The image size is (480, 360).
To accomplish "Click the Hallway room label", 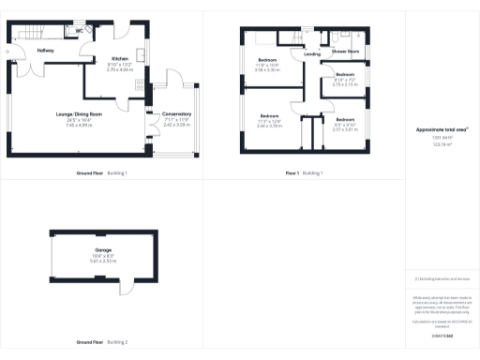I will [x=46, y=50].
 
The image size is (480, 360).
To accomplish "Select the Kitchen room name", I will [x=119, y=57].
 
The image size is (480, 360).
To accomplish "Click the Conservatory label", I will [x=176, y=113].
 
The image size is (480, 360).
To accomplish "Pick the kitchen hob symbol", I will [x=142, y=86].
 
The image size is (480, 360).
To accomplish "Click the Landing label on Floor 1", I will [x=312, y=54].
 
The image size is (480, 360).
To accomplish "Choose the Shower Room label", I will [x=346, y=51].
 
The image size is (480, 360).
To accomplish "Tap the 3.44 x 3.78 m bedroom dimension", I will [x=269, y=125].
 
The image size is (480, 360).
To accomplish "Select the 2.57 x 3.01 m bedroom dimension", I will [x=345, y=129].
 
